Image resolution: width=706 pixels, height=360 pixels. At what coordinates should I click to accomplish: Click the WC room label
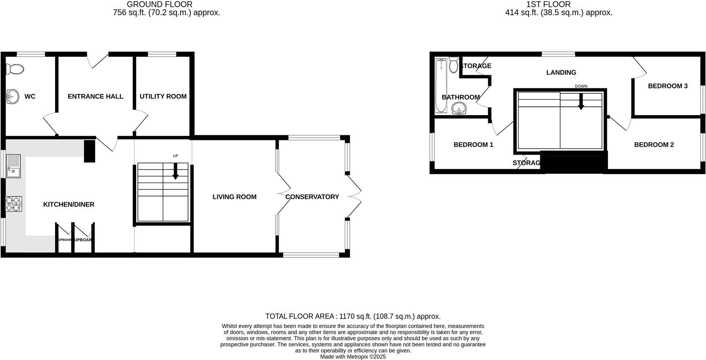(30, 96)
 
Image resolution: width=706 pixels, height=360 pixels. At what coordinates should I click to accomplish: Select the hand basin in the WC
(13, 97)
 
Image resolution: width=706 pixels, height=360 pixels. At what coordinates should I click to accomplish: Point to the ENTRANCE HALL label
(95, 96)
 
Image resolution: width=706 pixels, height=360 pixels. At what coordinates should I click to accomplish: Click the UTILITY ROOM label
(163, 96)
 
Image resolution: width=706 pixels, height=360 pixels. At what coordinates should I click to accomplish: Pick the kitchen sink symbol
(13, 166)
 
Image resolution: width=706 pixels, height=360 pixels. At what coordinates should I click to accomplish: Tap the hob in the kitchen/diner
(13, 204)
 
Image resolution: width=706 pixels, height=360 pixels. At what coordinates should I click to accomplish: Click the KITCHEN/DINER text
(69, 204)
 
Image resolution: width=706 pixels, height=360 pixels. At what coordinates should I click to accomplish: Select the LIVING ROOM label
(235, 197)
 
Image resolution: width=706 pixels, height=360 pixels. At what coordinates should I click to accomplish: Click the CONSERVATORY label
(312, 197)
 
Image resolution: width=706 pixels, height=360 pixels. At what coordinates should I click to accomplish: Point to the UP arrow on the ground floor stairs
(176, 171)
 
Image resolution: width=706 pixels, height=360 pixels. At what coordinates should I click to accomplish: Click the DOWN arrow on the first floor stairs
(581, 102)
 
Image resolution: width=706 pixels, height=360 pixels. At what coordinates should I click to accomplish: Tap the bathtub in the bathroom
(441, 86)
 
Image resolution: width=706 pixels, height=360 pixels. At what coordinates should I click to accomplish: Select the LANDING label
(561, 72)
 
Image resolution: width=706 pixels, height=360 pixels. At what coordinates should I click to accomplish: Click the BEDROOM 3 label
(668, 86)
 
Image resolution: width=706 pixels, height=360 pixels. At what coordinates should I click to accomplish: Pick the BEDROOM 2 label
(654, 145)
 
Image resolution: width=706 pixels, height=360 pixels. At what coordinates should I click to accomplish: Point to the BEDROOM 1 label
(473, 145)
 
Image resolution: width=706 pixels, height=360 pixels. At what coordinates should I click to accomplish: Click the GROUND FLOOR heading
(159, 4)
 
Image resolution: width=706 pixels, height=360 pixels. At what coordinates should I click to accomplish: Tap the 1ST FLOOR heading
(548, 4)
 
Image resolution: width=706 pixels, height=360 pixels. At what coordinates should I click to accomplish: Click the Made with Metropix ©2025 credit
(353, 357)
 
